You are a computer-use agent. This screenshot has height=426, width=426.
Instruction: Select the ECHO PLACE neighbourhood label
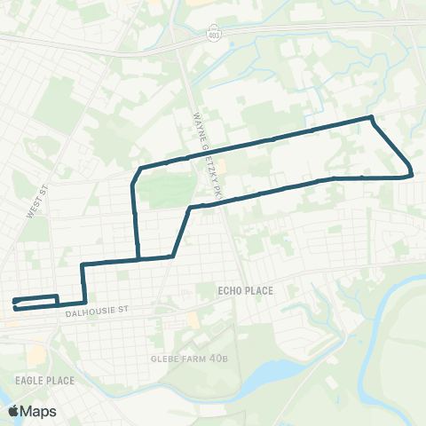[x=245, y=290]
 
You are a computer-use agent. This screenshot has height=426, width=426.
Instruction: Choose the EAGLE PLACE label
[x=37, y=379]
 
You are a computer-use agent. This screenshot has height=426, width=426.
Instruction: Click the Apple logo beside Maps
[x=14, y=411]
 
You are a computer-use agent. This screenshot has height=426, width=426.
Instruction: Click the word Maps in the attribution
[x=39, y=411]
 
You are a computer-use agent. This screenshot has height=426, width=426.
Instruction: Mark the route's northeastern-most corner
[x=371, y=117]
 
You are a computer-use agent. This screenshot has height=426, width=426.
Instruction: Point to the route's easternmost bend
[x=411, y=173]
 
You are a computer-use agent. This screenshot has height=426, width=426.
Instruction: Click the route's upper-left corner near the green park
[x=140, y=167]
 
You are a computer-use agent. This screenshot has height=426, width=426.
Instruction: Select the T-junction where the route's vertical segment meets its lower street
[x=138, y=260]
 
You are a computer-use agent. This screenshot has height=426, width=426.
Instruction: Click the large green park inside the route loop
[x=167, y=187]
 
